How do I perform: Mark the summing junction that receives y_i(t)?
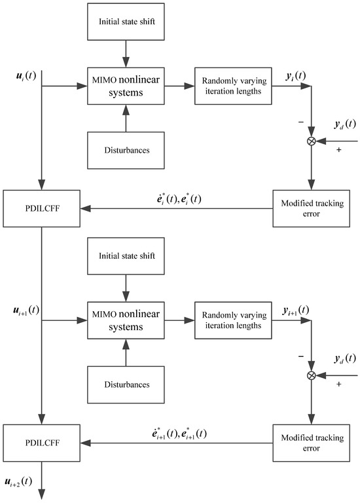[312, 141]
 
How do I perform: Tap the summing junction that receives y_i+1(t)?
[312, 375]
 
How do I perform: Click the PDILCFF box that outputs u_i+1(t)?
[42, 209]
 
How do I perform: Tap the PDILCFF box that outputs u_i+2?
[42, 443]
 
